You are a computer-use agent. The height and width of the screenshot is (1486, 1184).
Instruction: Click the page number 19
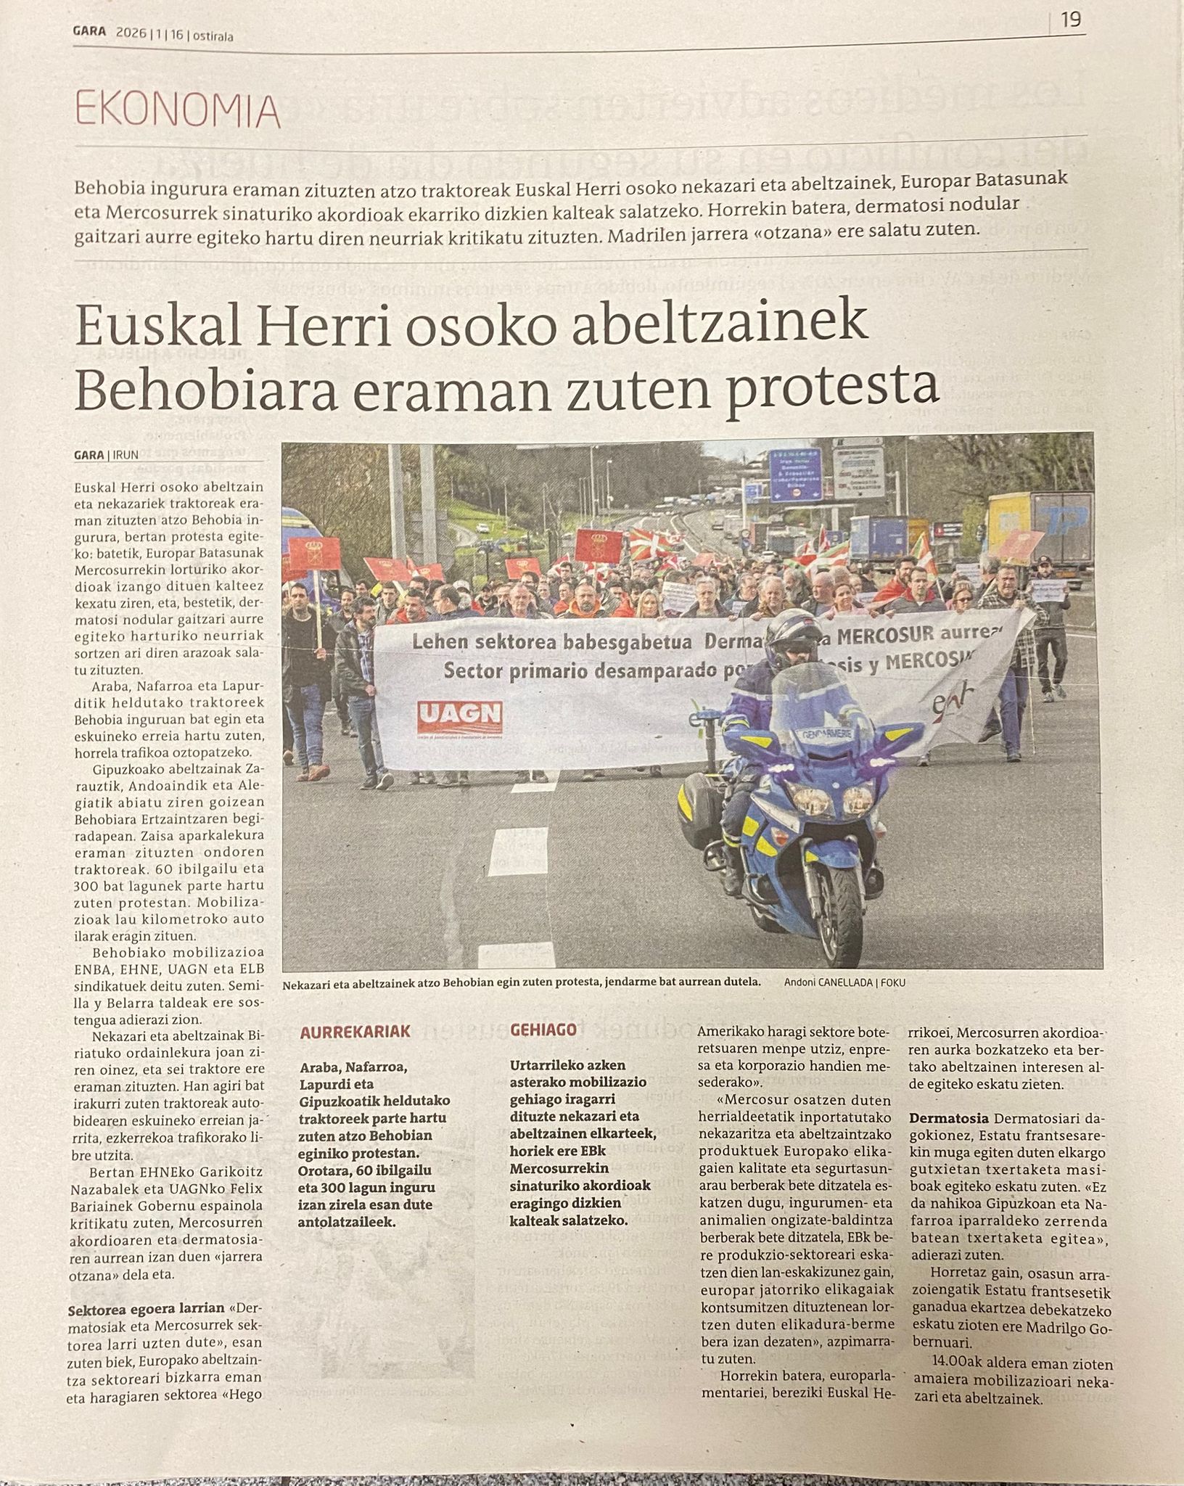click(1072, 20)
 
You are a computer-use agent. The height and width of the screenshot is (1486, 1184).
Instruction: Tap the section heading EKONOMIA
click(177, 111)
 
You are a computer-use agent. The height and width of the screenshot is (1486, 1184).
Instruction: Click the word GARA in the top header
click(89, 33)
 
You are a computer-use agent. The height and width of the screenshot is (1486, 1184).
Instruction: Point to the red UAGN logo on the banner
click(460, 717)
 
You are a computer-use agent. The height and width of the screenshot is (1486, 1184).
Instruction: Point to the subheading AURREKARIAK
click(355, 1031)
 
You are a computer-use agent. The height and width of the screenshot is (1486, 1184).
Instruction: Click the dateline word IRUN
click(126, 456)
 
